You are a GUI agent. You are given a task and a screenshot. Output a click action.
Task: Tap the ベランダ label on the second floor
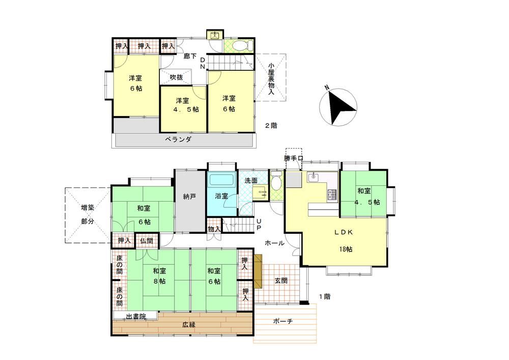click(x=178, y=140)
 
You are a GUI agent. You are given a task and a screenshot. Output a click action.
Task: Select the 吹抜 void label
click(x=176, y=77)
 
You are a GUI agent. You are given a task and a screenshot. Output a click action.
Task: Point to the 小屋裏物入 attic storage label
click(x=271, y=78)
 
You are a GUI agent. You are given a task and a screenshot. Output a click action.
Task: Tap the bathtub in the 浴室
click(x=222, y=180)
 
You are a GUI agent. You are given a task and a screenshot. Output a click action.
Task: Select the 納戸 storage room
click(x=189, y=201)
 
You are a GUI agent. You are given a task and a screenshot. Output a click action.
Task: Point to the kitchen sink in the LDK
click(x=314, y=177)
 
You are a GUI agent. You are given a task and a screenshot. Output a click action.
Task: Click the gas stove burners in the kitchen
click(x=332, y=195)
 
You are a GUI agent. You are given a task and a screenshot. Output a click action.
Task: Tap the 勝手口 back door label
click(x=293, y=158)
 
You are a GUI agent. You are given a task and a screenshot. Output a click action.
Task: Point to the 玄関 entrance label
click(x=281, y=281)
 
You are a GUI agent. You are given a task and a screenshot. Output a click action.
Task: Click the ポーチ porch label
click(x=282, y=321)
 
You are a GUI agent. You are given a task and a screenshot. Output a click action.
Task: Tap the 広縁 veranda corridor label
click(x=189, y=325)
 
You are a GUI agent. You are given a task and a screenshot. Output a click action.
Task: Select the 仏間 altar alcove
click(x=147, y=240)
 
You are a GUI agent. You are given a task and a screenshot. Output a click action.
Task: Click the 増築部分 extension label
click(x=88, y=214)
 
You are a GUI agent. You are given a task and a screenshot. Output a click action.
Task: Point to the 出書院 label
click(x=136, y=316)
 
